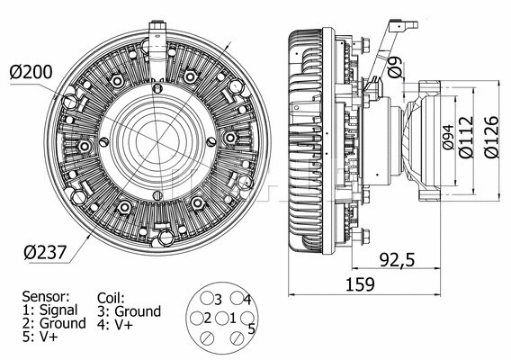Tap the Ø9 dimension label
(395, 66)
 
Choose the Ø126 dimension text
(491, 136)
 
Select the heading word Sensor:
(45, 295)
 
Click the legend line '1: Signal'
(50, 309)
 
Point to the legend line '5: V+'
(39, 336)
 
